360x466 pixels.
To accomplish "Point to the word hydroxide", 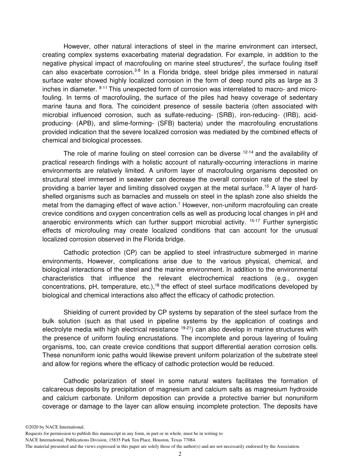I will pos(304,389).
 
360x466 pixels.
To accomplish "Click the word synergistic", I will pos(299,222).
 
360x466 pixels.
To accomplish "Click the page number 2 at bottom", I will pos(180,454).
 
